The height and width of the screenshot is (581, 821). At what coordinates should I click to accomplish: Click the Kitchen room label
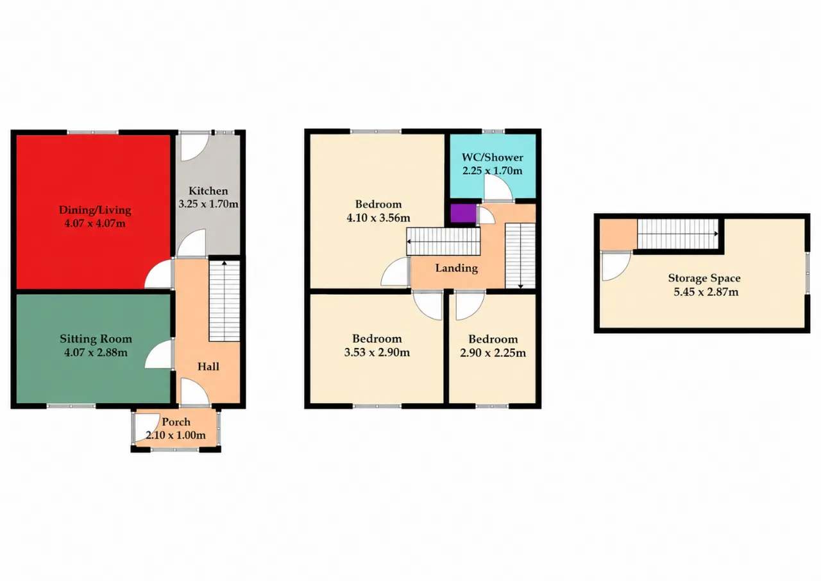pos(208,191)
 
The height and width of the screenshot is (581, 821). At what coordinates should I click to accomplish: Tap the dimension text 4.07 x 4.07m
pos(95,223)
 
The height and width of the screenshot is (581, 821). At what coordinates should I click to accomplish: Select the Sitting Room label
pos(96,338)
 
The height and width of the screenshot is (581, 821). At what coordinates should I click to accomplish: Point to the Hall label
pos(208,367)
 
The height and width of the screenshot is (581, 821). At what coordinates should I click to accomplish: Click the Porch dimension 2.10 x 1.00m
pos(176,435)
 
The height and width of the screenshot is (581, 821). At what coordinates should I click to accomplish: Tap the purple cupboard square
pos(463,213)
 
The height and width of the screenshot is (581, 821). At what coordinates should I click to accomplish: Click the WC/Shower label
pos(492,157)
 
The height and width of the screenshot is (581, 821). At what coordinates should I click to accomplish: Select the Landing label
pos(456,268)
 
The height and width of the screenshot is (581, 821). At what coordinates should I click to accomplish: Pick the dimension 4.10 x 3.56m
pos(378,218)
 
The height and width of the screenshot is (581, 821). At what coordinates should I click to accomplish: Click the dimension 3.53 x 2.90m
pos(377,352)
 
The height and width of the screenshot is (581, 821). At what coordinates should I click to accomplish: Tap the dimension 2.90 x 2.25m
pos(493,353)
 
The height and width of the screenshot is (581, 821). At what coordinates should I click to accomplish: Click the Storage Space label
pos(704,278)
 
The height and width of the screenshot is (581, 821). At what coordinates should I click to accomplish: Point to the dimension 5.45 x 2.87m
pos(706,292)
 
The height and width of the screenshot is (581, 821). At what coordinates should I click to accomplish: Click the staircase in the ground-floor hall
pos(224,300)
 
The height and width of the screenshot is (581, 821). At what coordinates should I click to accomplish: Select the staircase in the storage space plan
pos(678,234)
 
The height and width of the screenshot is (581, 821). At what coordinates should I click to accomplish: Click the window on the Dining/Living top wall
pos(93,132)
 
